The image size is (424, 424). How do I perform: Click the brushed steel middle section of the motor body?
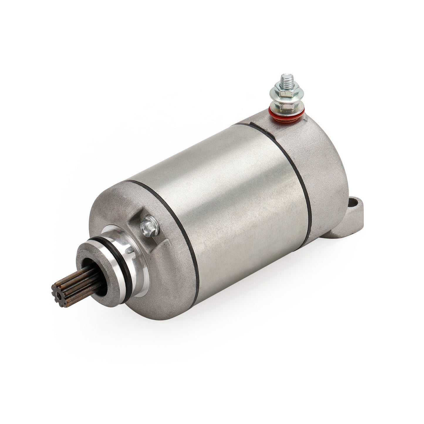229,205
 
